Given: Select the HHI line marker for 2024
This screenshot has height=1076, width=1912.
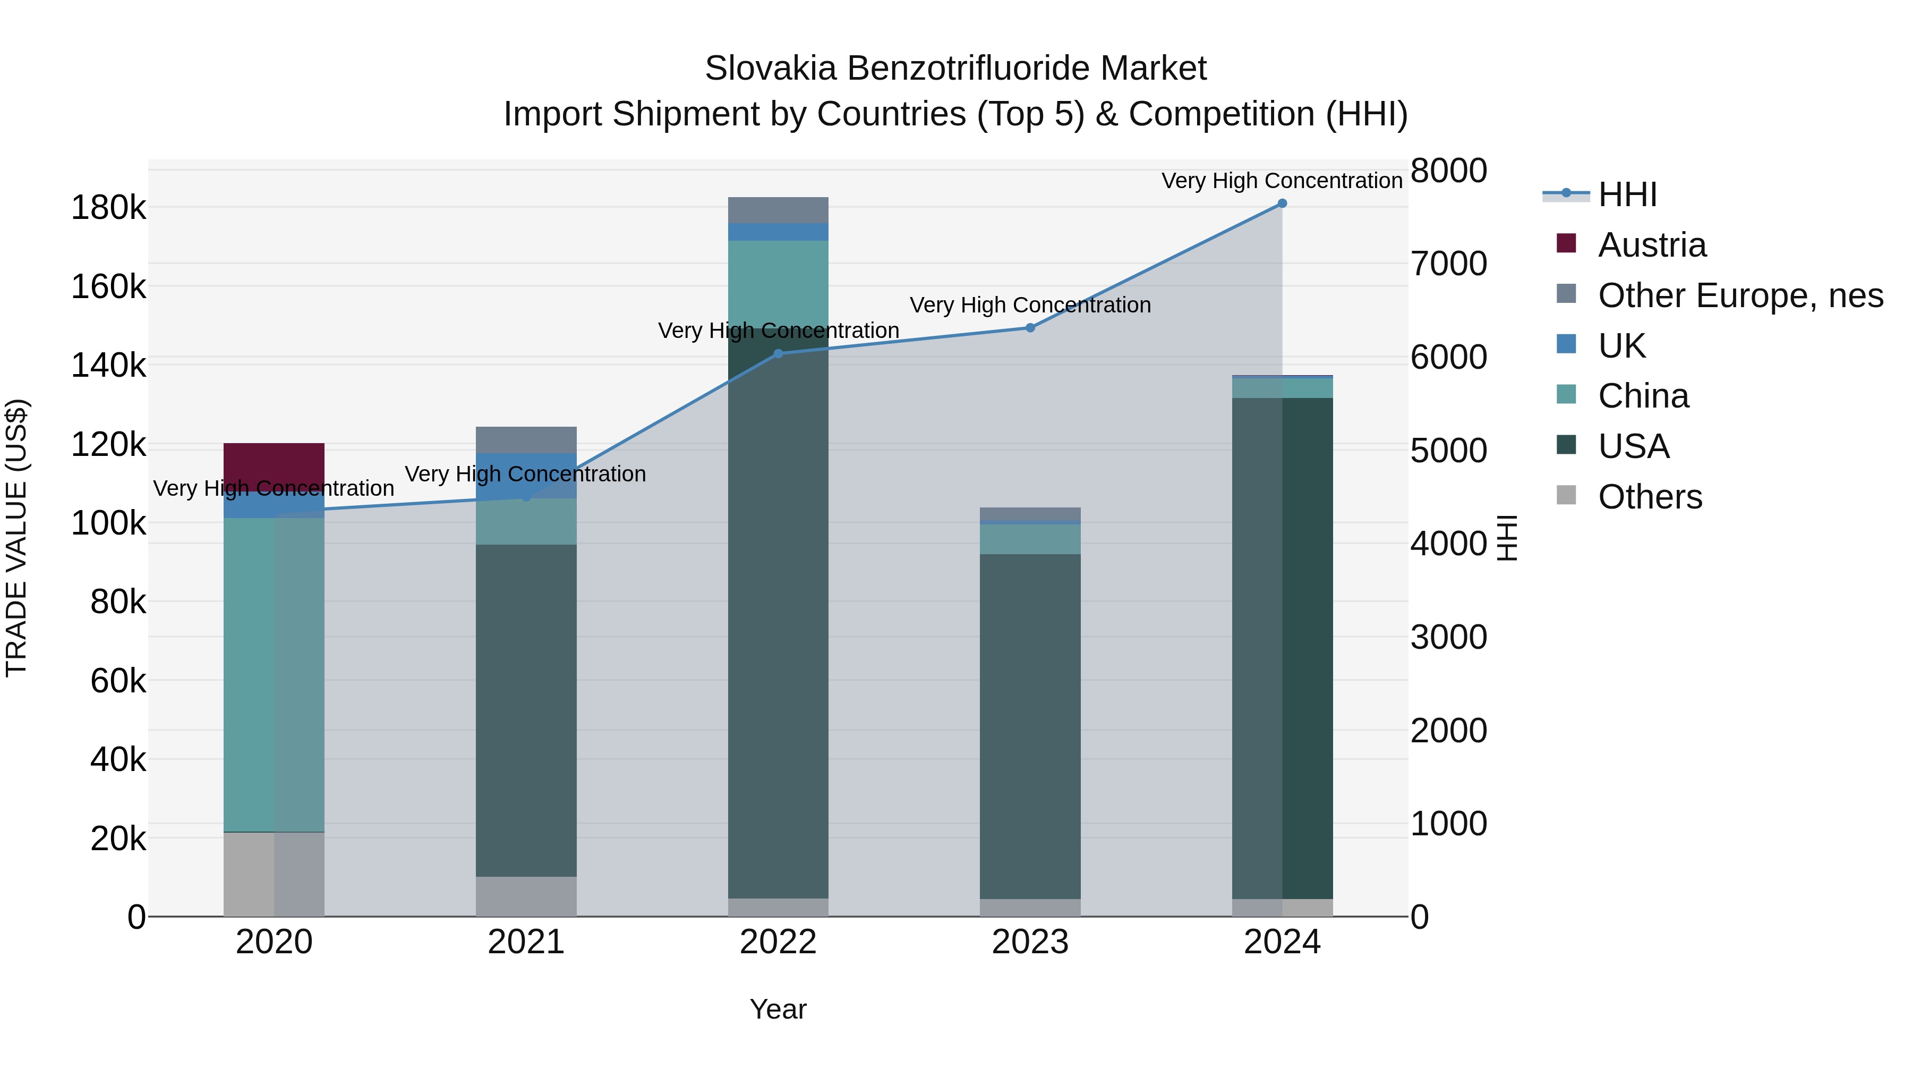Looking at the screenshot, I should point(1282,204).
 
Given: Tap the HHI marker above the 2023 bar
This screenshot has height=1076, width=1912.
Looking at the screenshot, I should point(1030,327).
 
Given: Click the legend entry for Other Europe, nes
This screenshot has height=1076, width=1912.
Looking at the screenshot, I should point(1740,295).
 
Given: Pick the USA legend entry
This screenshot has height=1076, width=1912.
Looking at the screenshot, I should point(1633,446).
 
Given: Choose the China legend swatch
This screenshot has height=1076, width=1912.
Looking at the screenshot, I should point(1566,395).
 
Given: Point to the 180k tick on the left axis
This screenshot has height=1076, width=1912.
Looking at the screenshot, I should point(108,207).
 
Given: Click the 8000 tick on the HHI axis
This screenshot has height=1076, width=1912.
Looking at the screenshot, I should point(1448,170).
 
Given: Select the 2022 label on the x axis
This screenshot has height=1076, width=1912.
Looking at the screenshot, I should point(778,942).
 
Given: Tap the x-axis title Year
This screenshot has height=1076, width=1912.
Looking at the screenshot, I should point(778,1009).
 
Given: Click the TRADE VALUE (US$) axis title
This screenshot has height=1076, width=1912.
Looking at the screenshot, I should point(17,538).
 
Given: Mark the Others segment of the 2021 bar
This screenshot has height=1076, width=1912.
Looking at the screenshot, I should point(526,896).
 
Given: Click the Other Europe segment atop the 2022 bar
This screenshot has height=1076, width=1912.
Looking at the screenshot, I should point(778,210).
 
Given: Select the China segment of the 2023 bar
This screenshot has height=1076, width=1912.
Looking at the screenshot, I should point(1030,539).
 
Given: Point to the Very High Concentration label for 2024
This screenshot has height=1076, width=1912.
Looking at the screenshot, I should point(1282,181).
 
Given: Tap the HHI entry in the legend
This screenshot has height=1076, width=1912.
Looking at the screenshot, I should point(1627,194).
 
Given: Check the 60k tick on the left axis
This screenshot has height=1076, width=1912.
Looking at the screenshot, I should point(118,680).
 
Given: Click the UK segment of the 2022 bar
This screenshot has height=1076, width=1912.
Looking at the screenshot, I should point(778,232).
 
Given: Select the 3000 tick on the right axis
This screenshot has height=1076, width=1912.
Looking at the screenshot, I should point(1448,637).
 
